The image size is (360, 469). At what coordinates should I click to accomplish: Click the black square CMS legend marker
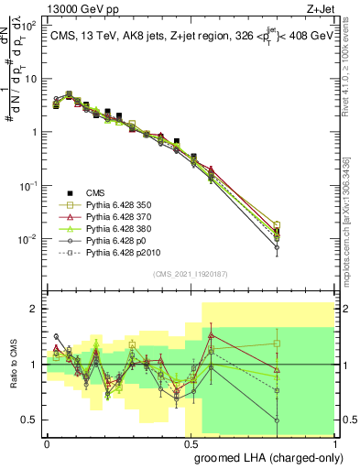70,192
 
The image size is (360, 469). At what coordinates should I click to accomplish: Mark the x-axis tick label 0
47,443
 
